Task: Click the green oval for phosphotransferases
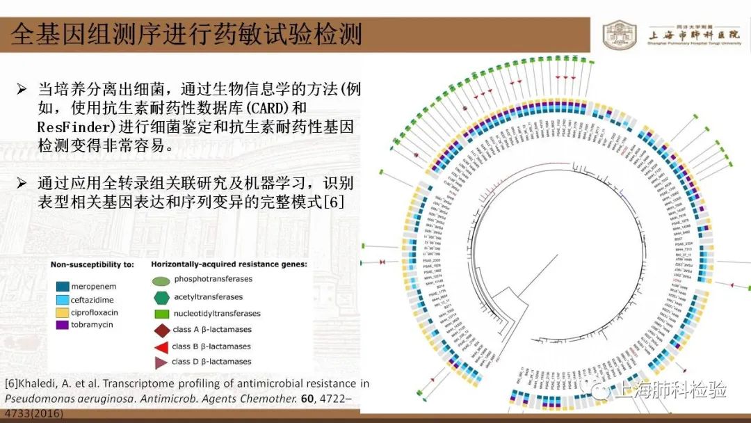click(x=161, y=280)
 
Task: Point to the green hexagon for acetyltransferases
click(x=161, y=297)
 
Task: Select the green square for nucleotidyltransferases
click(x=161, y=314)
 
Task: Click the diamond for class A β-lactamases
click(x=161, y=330)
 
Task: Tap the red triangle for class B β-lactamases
click(x=161, y=346)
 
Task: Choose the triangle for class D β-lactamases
click(x=161, y=362)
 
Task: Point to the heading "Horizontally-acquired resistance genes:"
click(x=229, y=264)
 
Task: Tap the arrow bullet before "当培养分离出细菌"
click(x=22, y=90)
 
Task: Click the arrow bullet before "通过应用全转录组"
click(x=22, y=184)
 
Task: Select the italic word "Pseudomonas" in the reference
click(x=35, y=399)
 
